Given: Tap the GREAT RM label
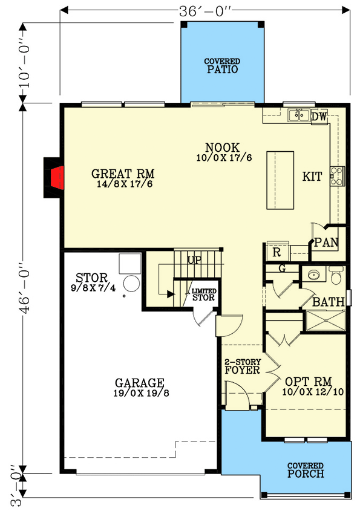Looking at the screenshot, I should point(123,175).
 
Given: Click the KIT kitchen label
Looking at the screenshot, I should point(312,177).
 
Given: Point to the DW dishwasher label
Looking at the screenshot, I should point(318,116).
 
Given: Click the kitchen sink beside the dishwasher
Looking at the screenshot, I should point(299,115).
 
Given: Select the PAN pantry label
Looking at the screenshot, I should point(326,242).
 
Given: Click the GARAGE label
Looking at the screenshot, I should point(140,386).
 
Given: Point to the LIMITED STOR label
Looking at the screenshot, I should point(203,294).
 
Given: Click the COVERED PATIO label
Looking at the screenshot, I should point(221,66).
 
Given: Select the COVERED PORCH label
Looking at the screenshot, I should point(306,470).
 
